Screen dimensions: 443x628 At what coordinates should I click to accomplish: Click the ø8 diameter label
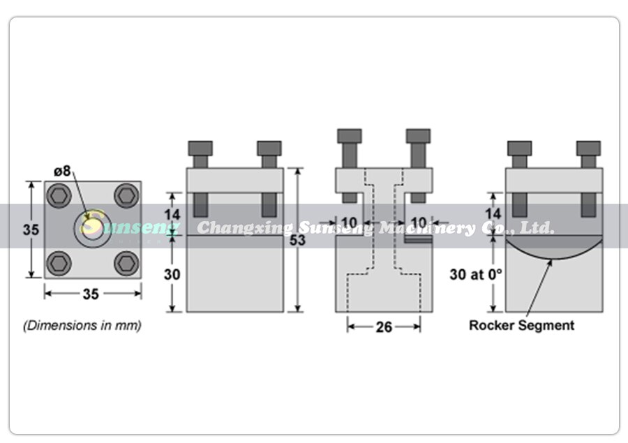click(x=63, y=171)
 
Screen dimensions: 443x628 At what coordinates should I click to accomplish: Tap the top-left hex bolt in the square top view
click(x=57, y=195)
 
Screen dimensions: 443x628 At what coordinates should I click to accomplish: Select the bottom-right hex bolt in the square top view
click(x=126, y=262)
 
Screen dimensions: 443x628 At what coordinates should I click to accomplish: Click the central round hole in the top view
click(x=91, y=228)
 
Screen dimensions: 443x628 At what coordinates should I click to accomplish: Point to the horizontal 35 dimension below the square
click(x=91, y=294)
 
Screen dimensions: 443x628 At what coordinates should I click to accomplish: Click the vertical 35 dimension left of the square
click(x=29, y=230)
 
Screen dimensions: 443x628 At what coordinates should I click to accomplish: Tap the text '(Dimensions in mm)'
click(x=82, y=325)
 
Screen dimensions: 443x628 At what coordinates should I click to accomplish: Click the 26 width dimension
click(x=384, y=326)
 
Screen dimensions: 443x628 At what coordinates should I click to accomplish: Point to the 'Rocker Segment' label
click(x=521, y=325)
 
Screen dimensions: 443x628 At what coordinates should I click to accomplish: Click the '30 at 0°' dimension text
click(x=476, y=274)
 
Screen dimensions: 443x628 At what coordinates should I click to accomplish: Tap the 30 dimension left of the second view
click(x=172, y=274)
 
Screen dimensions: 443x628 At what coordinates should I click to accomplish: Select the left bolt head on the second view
click(x=200, y=148)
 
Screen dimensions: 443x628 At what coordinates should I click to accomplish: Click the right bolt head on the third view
click(x=418, y=135)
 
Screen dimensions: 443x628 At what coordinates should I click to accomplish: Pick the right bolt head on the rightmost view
click(x=588, y=148)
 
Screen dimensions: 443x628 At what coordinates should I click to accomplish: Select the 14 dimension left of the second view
click(x=172, y=213)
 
